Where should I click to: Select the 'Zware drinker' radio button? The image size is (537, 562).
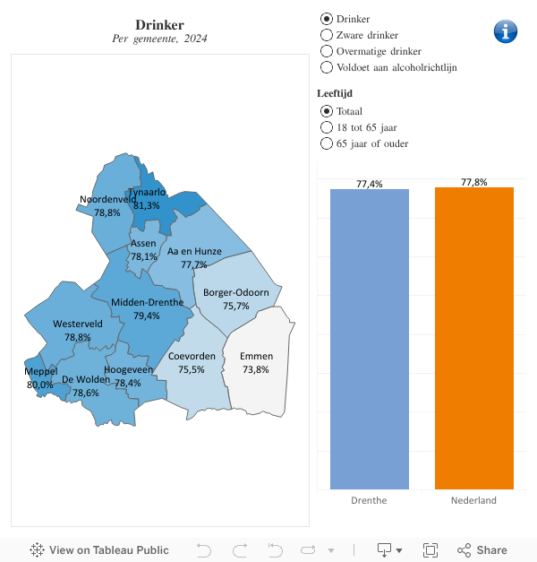tap(327, 35)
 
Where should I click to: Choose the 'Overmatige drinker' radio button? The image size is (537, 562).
tap(327, 51)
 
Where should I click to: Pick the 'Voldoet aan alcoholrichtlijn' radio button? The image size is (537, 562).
tap(327, 67)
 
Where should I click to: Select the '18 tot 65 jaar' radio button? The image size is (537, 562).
tap(327, 127)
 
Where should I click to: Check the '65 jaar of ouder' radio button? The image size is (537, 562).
tap(327, 143)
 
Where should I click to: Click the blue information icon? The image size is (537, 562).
tap(506, 30)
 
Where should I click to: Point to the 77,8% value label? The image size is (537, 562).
tap(474, 182)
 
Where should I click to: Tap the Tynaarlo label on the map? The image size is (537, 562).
tap(146, 192)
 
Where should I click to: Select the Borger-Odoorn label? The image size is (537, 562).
tap(236, 292)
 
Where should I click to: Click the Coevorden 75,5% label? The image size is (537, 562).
tap(192, 362)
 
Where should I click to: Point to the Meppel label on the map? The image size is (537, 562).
tap(40, 371)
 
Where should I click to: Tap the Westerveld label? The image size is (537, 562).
tap(78, 324)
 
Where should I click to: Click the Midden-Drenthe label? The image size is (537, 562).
tap(147, 303)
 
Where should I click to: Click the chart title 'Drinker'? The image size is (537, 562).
tap(159, 24)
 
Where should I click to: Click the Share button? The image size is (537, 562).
tap(482, 550)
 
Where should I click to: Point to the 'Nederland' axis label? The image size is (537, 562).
tap(473, 500)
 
